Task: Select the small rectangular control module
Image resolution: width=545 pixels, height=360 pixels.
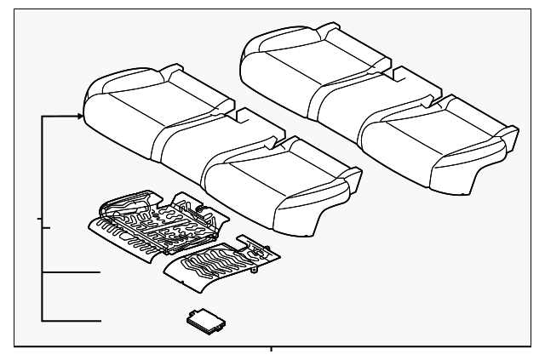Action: pyautogui.click(x=205, y=320)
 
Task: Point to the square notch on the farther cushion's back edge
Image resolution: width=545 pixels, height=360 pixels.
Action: pyautogui.click(x=397, y=75)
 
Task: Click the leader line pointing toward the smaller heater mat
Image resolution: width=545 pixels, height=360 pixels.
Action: pyautogui.click(x=72, y=273)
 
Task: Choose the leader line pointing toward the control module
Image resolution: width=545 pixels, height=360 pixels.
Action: pyautogui.click(x=72, y=321)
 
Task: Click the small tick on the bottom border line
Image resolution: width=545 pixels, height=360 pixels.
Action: pyautogui.click(x=271, y=350)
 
